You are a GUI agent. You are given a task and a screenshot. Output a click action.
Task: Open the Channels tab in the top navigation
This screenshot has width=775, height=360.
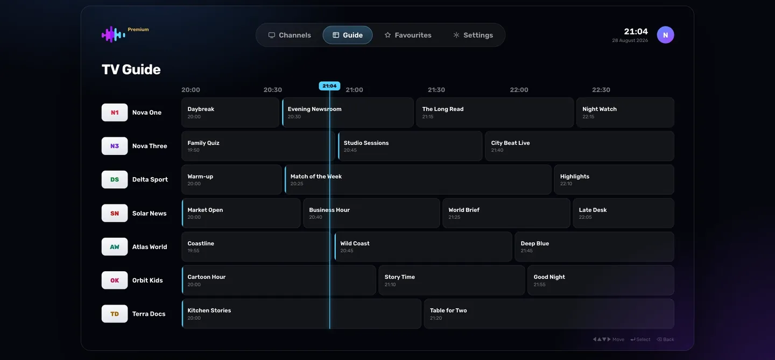(x=290, y=35)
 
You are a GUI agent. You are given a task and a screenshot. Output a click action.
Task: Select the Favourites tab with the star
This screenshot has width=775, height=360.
(x=408, y=35)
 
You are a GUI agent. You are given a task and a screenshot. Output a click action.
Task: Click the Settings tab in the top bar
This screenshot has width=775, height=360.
(x=473, y=35)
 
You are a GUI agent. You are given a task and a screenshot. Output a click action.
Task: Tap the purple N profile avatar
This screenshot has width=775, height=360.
(x=665, y=35)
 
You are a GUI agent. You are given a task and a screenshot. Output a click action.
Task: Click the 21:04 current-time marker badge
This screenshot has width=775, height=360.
(x=329, y=86)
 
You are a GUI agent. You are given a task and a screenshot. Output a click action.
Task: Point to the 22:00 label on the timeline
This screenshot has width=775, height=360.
(x=519, y=90)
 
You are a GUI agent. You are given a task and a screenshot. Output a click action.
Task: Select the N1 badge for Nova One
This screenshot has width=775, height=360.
(x=115, y=112)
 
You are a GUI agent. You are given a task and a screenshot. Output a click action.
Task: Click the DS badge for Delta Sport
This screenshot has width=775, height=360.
(x=115, y=180)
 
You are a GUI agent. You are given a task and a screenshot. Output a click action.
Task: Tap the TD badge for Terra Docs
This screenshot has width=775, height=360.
(x=115, y=314)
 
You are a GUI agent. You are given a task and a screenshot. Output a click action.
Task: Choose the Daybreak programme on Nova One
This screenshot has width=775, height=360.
(x=230, y=112)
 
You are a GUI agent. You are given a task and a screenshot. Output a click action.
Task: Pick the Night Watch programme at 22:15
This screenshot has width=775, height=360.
(x=625, y=112)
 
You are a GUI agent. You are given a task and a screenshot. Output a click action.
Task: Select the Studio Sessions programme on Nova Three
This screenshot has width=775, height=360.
(x=410, y=146)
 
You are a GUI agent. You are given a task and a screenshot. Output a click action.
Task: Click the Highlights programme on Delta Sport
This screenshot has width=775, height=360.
(x=614, y=180)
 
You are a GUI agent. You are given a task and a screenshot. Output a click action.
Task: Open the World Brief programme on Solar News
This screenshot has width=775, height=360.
(x=506, y=213)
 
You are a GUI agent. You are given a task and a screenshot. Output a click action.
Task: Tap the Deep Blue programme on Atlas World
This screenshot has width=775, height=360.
(x=594, y=246)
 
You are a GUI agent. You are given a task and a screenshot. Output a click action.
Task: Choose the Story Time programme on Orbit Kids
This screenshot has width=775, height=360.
(x=452, y=280)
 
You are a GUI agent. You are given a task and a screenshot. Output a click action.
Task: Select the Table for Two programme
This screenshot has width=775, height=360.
(x=549, y=314)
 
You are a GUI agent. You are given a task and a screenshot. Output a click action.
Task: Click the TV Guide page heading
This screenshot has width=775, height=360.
(x=131, y=69)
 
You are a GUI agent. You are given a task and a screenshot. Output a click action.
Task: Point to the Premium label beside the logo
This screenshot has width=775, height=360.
(x=138, y=30)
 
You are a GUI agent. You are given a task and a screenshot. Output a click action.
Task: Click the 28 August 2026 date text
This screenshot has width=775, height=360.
(x=630, y=40)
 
